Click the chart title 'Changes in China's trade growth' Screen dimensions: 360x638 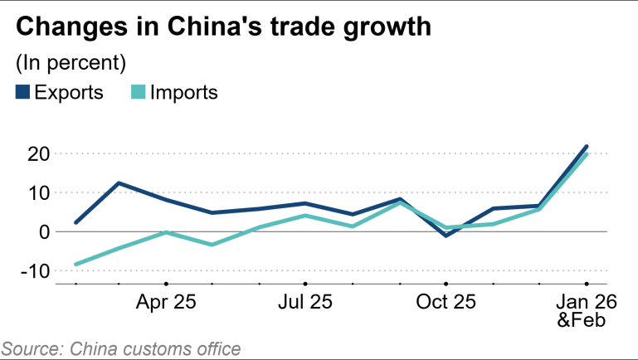point(223,27)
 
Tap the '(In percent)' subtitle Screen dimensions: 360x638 point(71,62)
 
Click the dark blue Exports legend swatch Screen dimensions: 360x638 point(22,92)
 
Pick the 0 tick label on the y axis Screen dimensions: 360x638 point(38,232)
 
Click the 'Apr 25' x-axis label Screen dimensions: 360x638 point(166,302)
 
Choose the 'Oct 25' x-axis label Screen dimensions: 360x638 point(446,302)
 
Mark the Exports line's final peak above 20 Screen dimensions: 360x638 point(587,147)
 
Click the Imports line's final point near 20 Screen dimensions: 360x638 point(587,154)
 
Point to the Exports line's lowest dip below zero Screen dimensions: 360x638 point(446,236)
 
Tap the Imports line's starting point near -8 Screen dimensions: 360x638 point(75,265)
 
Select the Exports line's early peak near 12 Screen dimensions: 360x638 point(119,183)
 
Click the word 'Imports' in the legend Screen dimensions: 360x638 point(183,92)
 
